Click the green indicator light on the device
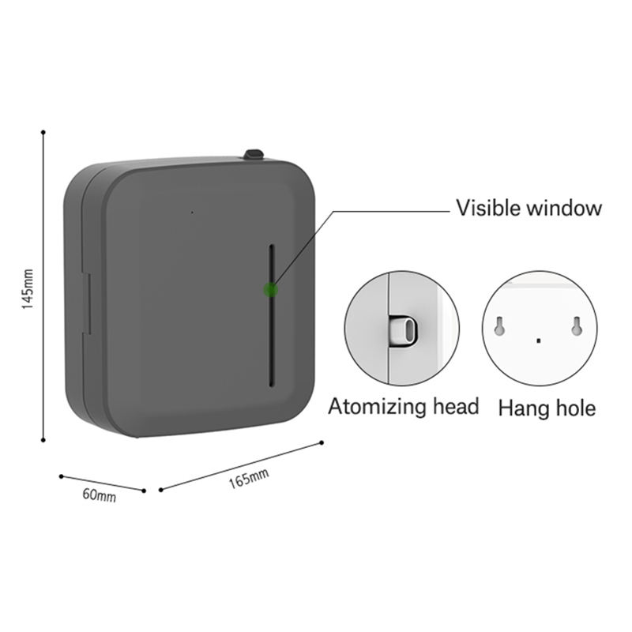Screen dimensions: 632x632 (271, 290)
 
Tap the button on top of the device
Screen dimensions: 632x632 (254, 154)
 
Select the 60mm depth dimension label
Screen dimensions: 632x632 (100, 496)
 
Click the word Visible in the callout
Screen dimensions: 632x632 (491, 209)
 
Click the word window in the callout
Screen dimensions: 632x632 (566, 209)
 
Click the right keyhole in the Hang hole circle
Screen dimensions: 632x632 (577, 325)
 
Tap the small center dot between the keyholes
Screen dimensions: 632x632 (538, 340)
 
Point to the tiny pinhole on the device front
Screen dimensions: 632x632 (191, 212)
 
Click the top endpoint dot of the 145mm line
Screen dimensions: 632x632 (43, 132)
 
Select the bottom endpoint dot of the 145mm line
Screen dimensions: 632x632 (43, 442)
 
